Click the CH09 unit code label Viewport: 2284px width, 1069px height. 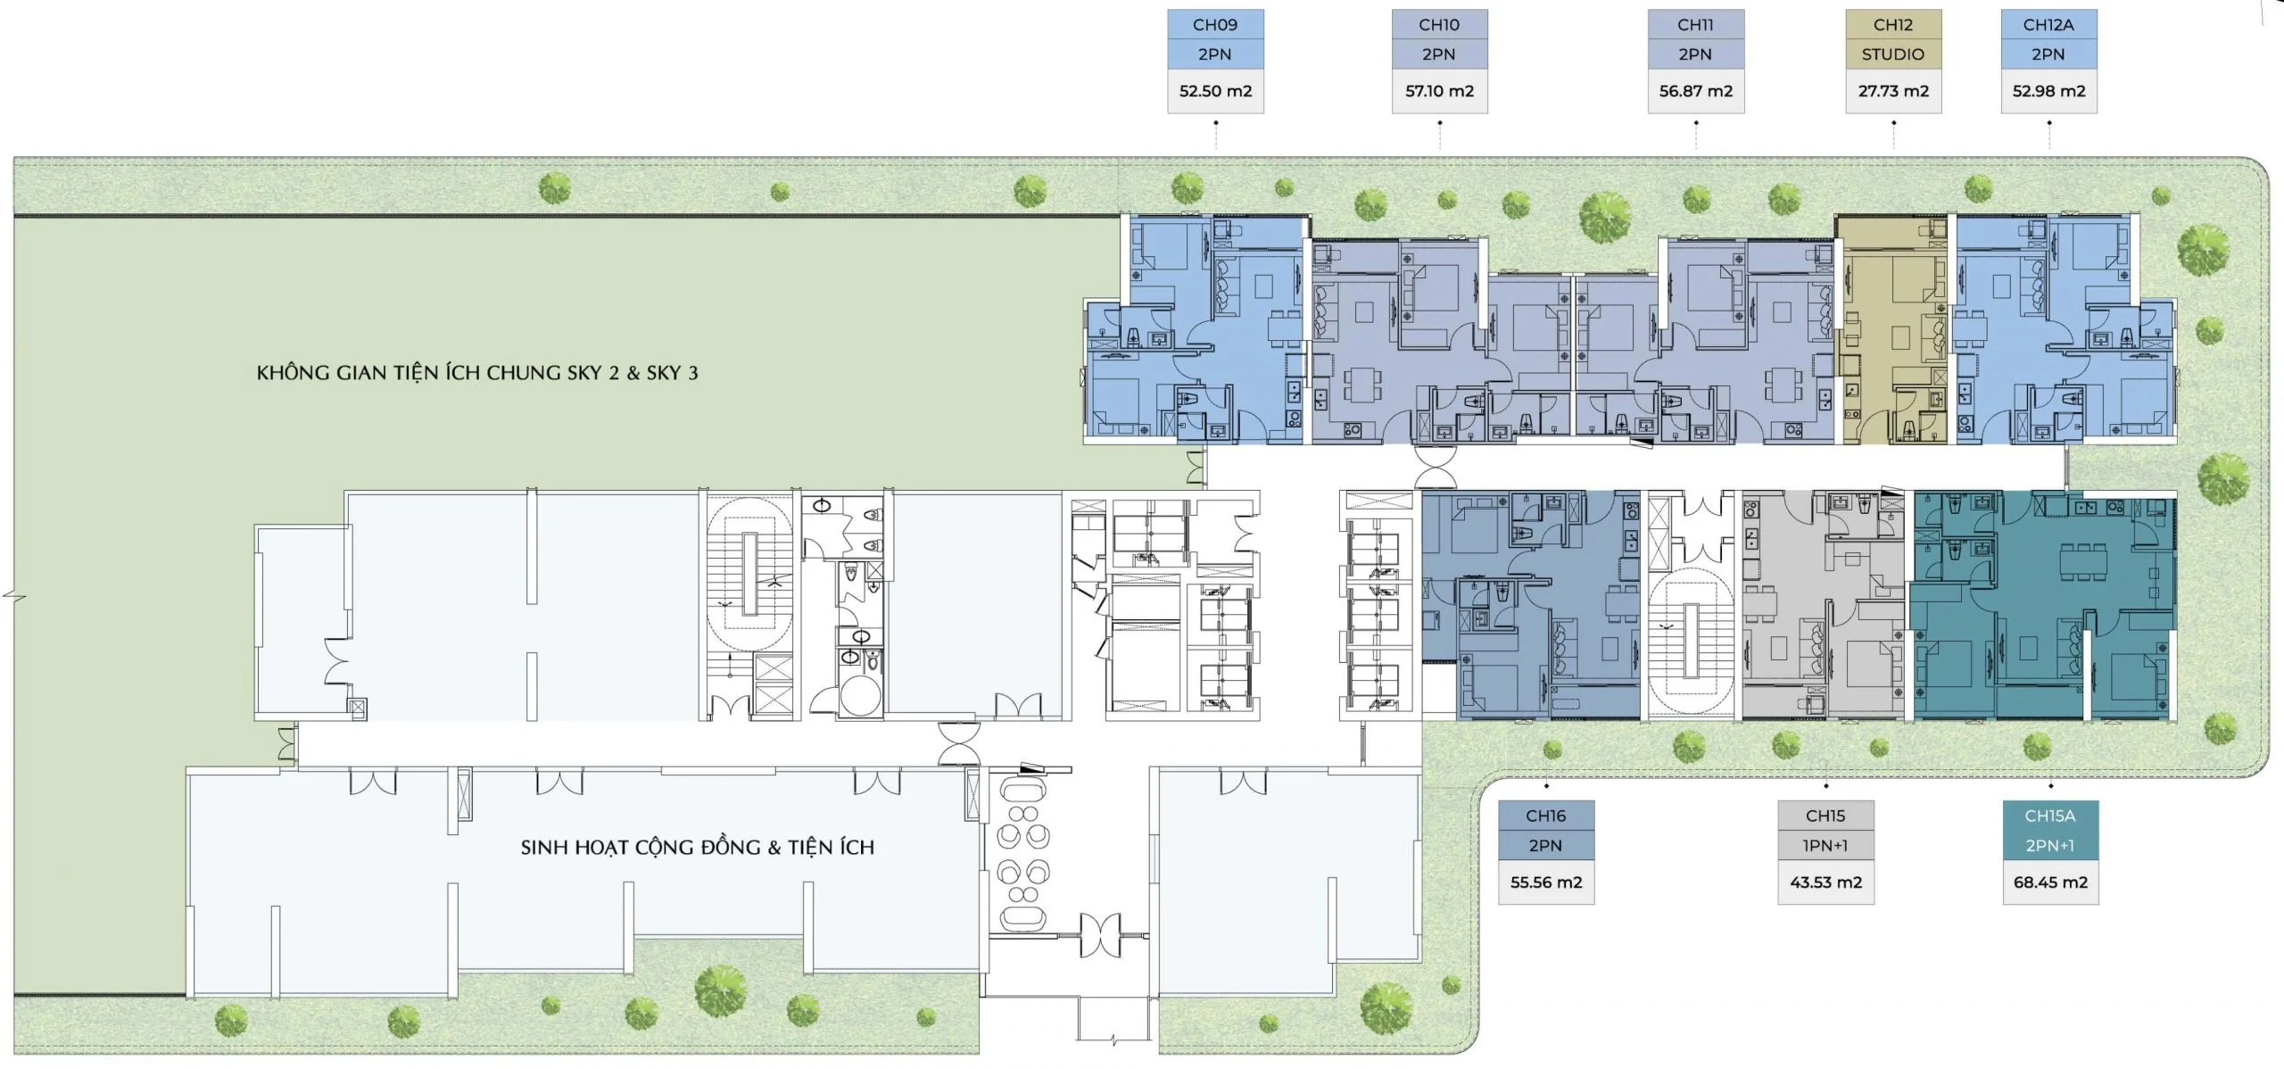[1215, 25]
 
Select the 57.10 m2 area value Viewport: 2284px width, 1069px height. [1439, 91]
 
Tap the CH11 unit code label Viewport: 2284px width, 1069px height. [1695, 25]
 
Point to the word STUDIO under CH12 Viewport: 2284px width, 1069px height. [1893, 54]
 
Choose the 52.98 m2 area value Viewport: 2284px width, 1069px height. [2048, 91]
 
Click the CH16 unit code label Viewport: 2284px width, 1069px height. [1545, 816]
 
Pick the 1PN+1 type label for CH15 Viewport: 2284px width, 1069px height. [1825, 845]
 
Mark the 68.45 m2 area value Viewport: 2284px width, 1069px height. [2050, 883]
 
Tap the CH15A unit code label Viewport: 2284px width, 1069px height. [2050, 816]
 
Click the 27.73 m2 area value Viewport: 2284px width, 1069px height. [1893, 91]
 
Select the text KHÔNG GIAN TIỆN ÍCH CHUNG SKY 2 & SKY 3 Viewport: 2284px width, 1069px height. [477, 373]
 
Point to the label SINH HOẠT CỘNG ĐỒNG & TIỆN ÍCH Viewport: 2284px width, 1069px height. [698, 847]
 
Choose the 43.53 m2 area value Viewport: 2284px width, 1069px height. [1825, 883]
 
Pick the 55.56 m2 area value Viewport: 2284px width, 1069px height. [1545, 883]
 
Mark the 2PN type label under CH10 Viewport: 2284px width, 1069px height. [1438, 54]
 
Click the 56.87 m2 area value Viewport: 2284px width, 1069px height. [1695, 91]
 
